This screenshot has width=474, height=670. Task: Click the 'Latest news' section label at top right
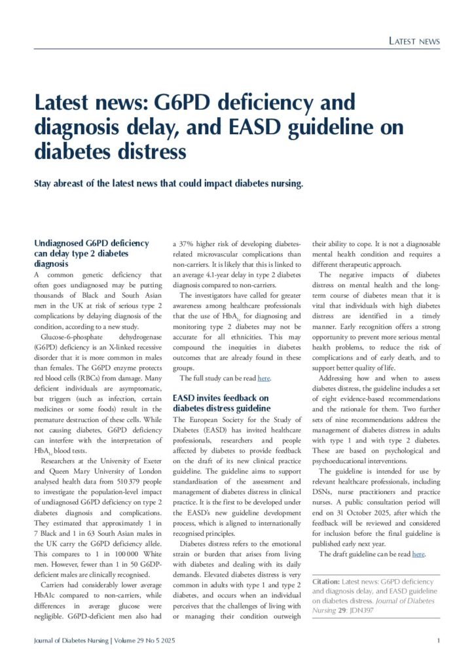point(414,41)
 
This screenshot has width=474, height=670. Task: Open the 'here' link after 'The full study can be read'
point(264,379)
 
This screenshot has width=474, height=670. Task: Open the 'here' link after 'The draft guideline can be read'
point(419,554)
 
